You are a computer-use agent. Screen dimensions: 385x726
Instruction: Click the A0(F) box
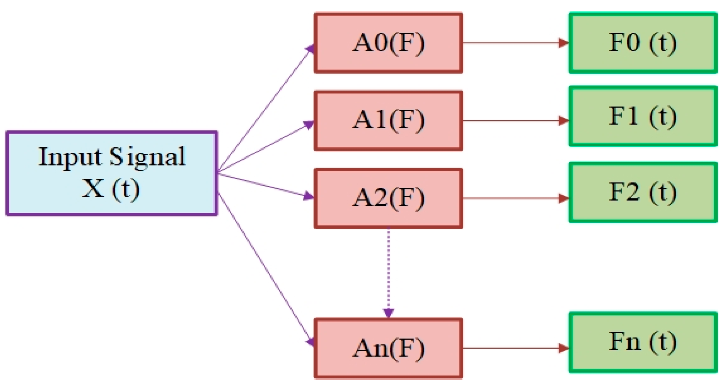[388, 43]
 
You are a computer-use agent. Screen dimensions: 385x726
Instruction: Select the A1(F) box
[388, 121]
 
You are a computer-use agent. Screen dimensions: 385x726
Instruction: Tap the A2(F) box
[388, 198]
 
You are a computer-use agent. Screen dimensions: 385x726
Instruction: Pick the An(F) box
[388, 348]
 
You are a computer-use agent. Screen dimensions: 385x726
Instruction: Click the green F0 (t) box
[643, 43]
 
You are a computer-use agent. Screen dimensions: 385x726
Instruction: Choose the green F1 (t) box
[643, 117]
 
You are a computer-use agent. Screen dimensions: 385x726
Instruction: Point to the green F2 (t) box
[643, 192]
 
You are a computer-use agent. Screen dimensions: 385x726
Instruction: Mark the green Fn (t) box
[643, 342]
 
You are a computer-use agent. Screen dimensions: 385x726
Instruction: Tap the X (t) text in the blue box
[111, 188]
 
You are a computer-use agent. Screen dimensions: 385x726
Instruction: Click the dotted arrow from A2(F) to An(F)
[388, 271]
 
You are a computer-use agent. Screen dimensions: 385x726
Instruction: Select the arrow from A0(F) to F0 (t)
[515, 43]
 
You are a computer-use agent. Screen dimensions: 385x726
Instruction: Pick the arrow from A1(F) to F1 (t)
[515, 121]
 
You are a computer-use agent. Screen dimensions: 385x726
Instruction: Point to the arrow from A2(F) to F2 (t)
[515, 198]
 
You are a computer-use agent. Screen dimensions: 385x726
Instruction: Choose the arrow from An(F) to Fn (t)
[515, 348]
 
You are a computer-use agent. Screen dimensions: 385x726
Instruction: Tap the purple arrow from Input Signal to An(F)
[266, 268]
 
